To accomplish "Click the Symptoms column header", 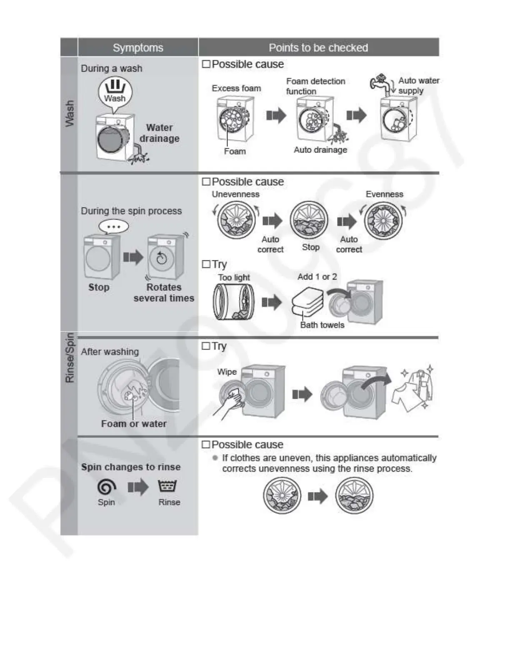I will (138, 48).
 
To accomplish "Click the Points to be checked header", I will (318, 48).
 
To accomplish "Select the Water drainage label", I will (160, 133).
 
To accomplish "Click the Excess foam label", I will (236, 88).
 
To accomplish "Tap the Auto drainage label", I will (320, 150).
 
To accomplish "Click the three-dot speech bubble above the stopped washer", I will (114, 227).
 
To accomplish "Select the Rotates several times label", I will (164, 292).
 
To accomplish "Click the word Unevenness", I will (235, 194).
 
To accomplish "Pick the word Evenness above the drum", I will (384, 194).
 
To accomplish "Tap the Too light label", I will (234, 277).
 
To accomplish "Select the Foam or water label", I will (134, 424).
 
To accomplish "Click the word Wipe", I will (227, 372).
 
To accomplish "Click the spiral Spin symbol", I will (106, 487).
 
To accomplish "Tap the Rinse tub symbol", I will (167, 486).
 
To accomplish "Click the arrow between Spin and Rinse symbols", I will (138, 487).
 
